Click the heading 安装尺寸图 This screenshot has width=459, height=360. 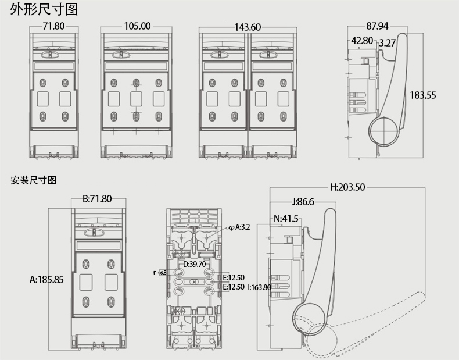tap(33, 180)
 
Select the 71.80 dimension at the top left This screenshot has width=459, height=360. tap(54, 26)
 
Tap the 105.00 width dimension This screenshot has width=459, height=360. tap(137, 26)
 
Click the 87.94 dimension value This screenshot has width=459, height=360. tap(378, 26)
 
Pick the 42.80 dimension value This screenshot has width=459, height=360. tap(362, 41)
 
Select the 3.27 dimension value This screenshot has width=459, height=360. tap(388, 42)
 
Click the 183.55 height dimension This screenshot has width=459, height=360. tap(422, 95)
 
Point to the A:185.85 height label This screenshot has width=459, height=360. tap(46, 279)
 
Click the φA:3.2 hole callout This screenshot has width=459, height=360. tap(239, 227)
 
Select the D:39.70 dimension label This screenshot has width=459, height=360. tap(194, 265)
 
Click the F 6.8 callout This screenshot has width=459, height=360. tap(161, 272)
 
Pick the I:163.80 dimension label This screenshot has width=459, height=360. tap(259, 287)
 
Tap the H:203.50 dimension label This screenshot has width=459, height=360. tap(347, 187)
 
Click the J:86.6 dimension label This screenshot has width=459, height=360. tap(302, 202)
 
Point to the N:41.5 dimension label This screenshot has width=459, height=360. tap(285, 219)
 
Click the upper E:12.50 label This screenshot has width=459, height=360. tap(234, 277)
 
